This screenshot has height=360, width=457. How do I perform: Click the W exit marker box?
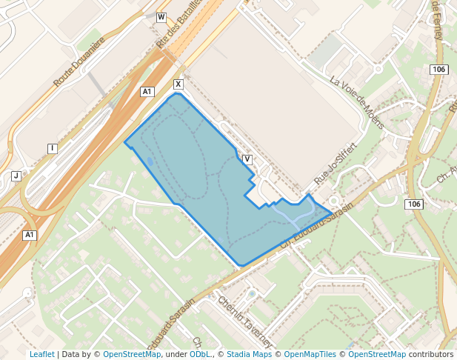click(161, 17)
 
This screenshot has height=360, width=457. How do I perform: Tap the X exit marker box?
click(178, 84)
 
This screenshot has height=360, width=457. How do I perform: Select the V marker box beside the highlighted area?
click(247, 159)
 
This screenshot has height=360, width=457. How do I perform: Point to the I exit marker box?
click(53, 149)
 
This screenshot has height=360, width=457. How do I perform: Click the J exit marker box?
click(16, 176)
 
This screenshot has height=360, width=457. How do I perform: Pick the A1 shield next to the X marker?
click(147, 92)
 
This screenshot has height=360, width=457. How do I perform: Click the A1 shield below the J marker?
click(30, 236)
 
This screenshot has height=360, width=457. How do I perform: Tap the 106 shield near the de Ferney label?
click(438, 70)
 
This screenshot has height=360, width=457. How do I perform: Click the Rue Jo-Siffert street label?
click(336, 163)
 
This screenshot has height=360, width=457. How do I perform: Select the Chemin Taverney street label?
click(245, 322)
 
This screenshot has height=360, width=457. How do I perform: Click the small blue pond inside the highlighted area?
click(150, 161)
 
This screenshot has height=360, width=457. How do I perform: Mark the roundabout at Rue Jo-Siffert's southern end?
click(334, 201)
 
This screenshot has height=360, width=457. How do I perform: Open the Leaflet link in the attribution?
click(41, 354)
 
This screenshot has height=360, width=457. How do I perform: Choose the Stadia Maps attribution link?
click(249, 354)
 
